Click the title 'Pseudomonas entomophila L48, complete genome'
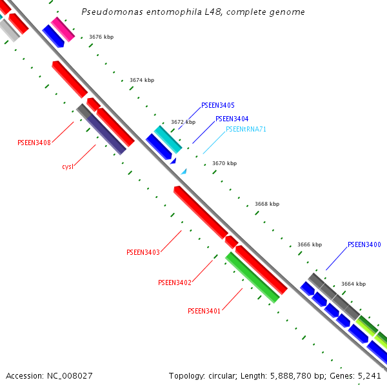(x=193, y=12)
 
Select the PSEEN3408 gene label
(x=34, y=143)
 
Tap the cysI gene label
(x=68, y=166)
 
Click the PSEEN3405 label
(x=218, y=105)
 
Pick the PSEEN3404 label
(x=232, y=119)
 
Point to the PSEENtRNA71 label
(x=246, y=129)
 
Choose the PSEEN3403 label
(x=143, y=252)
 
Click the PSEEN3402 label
(x=175, y=283)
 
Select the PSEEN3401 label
(x=204, y=311)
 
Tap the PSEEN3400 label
(x=364, y=244)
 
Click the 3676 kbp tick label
(x=101, y=37)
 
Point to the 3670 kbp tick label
(x=224, y=163)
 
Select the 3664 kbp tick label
(x=353, y=284)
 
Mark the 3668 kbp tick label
(x=267, y=204)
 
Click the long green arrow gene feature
(x=252, y=277)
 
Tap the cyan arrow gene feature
(x=168, y=139)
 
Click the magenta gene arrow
(x=63, y=29)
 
